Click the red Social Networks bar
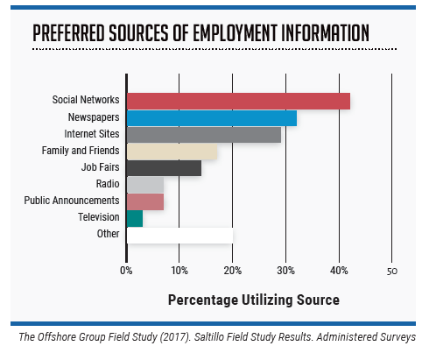point(238,102)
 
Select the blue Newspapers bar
point(212,118)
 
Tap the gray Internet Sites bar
point(204,135)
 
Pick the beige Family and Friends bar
point(172,152)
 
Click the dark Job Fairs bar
point(164,168)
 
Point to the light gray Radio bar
point(145,185)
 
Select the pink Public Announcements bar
point(145,201)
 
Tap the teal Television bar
point(135,218)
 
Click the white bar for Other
point(180,235)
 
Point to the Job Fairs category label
point(101,168)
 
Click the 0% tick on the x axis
point(127,271)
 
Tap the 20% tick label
point(233,271)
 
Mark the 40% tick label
point(339,271)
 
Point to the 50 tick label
point(392,271)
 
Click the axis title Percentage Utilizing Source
point(253,300)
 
